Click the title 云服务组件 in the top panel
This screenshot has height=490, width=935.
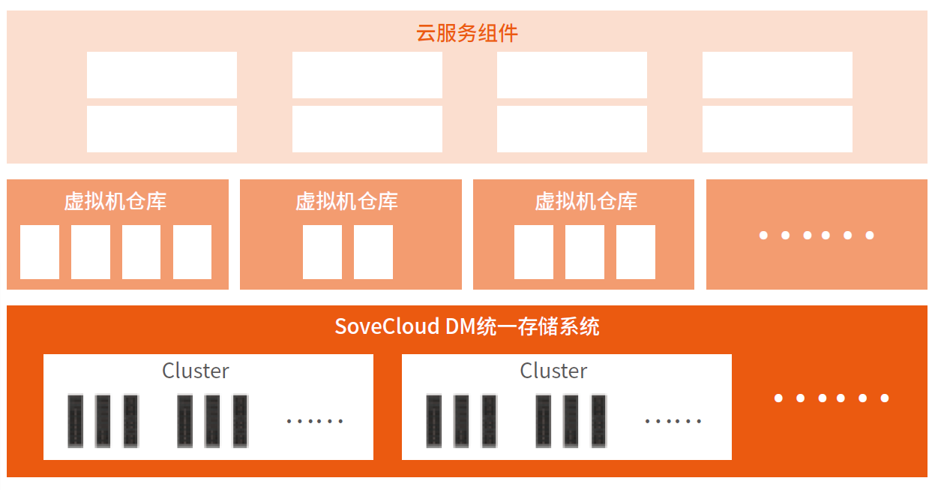pyautogui.click(x=466, y=33)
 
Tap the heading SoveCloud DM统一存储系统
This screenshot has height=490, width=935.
pyautogui.click(x=466, y=326)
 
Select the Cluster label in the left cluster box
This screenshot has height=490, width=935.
pyautogui.click(x=196, y=371)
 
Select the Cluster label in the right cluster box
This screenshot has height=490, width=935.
pyautogui.click(x=553, y=371)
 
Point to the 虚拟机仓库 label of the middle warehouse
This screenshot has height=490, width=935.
pyautogui.click(x=346, y=201)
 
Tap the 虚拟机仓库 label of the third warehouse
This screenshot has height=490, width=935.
pyautogui.click(x=586, y=201)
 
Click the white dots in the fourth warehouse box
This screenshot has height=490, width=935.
pyautogui.click(x=816, y=236)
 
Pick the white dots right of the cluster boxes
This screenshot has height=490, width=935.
pyautogui.click(x=831, y=398)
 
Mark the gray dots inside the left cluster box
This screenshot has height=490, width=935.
pyautogui.click(x=315, y=421)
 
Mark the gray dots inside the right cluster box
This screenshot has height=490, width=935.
pyautogui.click(x=673, y=421)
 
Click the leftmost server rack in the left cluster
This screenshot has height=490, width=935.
pyautogui.click(x=75, y=421)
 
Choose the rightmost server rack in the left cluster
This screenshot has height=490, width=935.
pyautogui.click(x=240, y=421)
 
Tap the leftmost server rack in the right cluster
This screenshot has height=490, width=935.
pyautogui.click(x=433, y=421)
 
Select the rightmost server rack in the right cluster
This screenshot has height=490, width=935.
pyautogui.click(x=598, y=421)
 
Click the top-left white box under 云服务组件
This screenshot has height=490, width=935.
pyautogui.click(x=162, y=75)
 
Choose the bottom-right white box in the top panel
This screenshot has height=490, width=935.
pyautogui.click(x=777, y=129)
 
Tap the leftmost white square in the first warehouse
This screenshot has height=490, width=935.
pyautogui.click(x=40, y=252)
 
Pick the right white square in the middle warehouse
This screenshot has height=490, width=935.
pyautogui.click(x=373, y=252)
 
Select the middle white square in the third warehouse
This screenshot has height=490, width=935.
pyautogui.click(x=585, y=252)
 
